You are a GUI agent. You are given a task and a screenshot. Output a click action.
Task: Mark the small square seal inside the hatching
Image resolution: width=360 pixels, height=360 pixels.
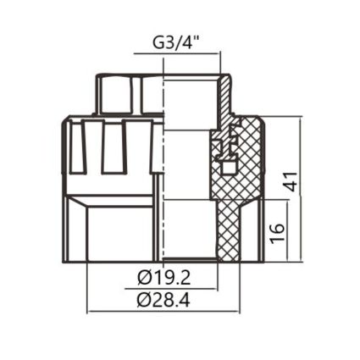point(226,156)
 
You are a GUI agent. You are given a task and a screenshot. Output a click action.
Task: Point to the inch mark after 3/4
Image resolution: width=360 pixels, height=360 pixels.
point(203,38)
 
